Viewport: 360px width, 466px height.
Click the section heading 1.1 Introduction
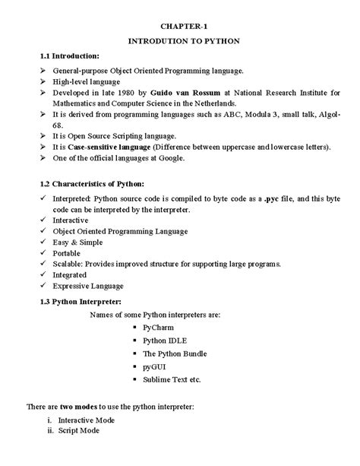[71, 55]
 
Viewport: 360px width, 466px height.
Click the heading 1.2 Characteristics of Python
[92, 185]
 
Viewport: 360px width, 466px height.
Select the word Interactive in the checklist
[71, 220]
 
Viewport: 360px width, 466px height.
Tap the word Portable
[68, 252]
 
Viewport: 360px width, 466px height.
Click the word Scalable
[68, 264]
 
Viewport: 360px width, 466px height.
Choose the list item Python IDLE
[163, 340]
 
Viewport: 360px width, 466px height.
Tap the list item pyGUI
[154, 366]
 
